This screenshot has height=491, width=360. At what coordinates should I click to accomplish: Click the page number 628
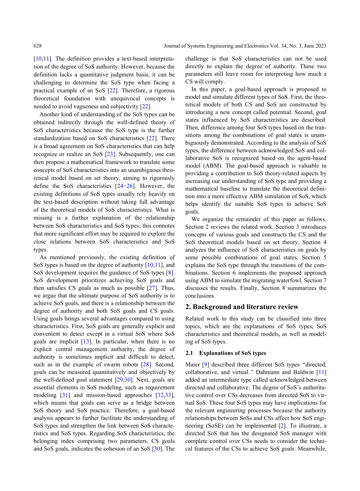coord(38,46)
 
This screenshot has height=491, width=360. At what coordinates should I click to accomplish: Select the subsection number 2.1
coord(189,353)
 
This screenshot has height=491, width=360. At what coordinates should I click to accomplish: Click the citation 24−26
coord(125,186)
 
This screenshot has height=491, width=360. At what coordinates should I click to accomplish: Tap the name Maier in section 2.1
coord(193,365)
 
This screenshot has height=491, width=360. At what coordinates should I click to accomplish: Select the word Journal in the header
coord(173,46)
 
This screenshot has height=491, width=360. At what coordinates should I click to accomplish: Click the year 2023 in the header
coord(320,46)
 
